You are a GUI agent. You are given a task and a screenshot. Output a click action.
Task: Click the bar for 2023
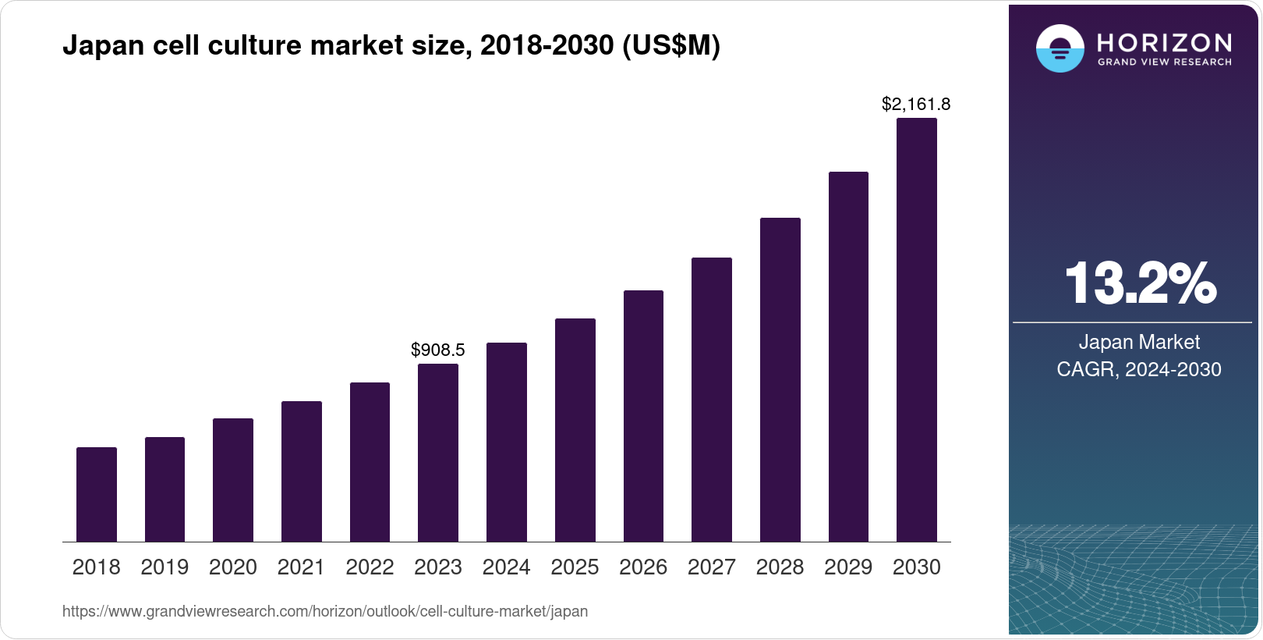(x=438, y=453)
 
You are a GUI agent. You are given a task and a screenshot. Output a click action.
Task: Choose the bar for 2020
(x=233, y=480)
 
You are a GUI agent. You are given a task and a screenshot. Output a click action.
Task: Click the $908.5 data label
(x=438, y=350)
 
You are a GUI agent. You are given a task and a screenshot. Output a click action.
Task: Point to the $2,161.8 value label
(x=916, y=104)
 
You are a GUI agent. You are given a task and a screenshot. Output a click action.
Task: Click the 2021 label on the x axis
(x=301, y=567)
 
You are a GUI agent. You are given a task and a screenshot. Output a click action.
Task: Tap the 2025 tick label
(x=575, y=567)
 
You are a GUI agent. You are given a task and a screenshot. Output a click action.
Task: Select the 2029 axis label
(x=848, y=567)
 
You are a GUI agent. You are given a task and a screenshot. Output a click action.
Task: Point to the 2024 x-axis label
(x=506, y=567)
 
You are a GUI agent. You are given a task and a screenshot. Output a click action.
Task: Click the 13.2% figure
(x=1139, y=283)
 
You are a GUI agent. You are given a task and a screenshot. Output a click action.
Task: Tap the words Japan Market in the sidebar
(x=1139, y=342)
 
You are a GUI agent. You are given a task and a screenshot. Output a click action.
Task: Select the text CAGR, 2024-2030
(x=1139, y=369)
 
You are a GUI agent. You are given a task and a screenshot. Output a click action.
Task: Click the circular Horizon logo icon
(x=1060, y=48)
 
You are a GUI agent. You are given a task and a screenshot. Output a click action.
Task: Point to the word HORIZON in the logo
(x=1164, y=42)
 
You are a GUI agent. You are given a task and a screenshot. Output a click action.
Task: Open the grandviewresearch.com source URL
(x=325, y=611)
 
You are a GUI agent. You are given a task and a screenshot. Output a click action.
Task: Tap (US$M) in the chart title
(x=671, y=45)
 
